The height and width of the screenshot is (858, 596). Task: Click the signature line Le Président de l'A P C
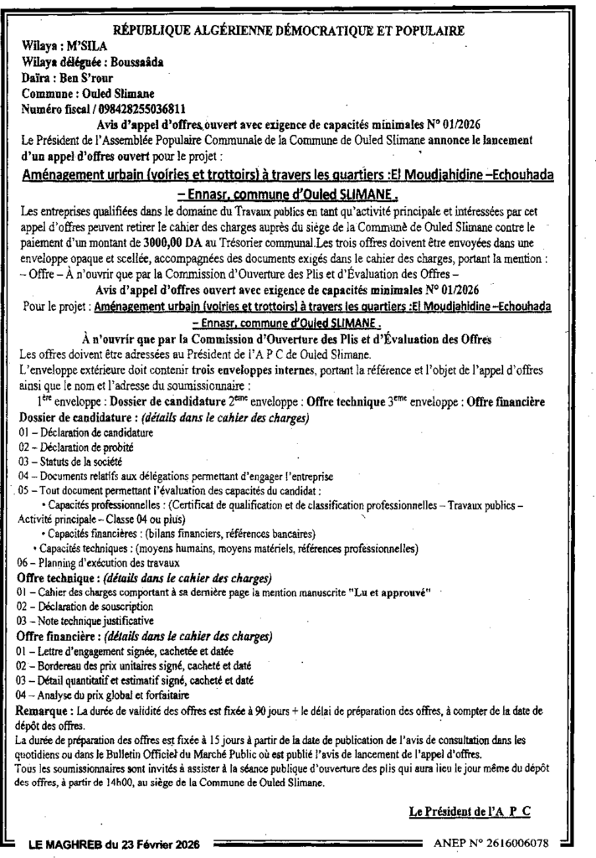470,812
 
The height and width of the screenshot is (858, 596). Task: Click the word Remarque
42,708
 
